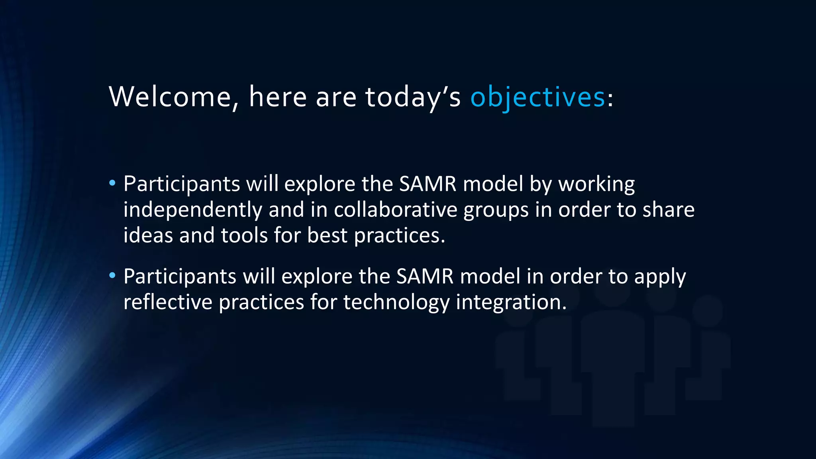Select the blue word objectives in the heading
[537, 97]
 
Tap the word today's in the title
[412, 97]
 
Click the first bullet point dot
[112, 183]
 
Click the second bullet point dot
[112, 275]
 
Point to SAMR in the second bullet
[425, 276]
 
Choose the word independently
[192, 210]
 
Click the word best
[327, 235]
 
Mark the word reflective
[168, 302]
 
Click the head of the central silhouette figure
[613, 293]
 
